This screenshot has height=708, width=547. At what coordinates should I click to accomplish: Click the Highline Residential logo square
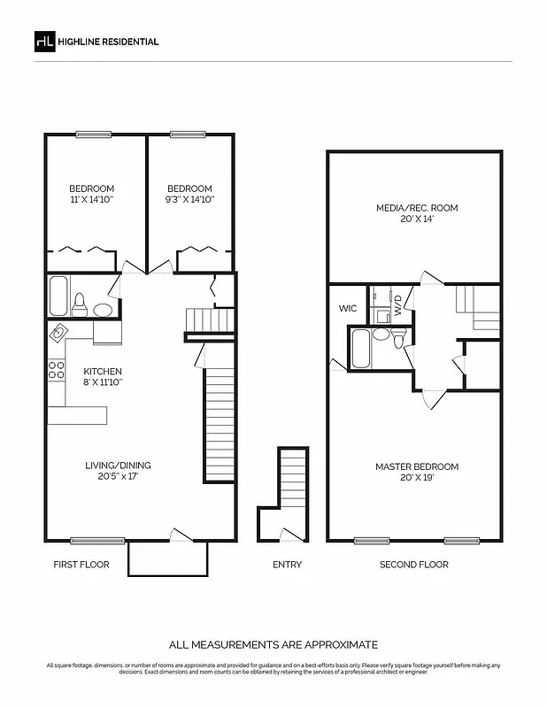point(43,42)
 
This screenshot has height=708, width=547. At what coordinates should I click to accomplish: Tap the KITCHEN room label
point(103,372)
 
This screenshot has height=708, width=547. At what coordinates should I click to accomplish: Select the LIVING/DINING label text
point(118,466)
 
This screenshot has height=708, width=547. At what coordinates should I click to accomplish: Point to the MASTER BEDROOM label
point(416,466)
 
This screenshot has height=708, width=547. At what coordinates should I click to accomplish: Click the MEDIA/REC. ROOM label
point(415,208)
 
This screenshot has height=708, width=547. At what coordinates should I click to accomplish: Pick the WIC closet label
point(347,309)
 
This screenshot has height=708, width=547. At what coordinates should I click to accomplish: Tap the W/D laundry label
point(398,306)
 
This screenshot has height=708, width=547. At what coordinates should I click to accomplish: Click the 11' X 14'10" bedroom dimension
point(92,200)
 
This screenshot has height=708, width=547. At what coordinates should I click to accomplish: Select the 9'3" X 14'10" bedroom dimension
point(189,200)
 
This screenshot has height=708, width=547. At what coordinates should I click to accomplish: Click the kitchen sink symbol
point(58,333)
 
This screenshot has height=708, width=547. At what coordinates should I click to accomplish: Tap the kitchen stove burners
point(58,369)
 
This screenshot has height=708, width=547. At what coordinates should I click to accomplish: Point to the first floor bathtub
point(58,296)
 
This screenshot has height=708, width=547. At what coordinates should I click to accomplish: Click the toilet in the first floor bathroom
point(80,304)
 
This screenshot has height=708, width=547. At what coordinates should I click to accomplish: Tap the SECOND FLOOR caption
point(413,565)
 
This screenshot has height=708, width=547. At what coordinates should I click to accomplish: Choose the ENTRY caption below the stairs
point(287,565)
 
